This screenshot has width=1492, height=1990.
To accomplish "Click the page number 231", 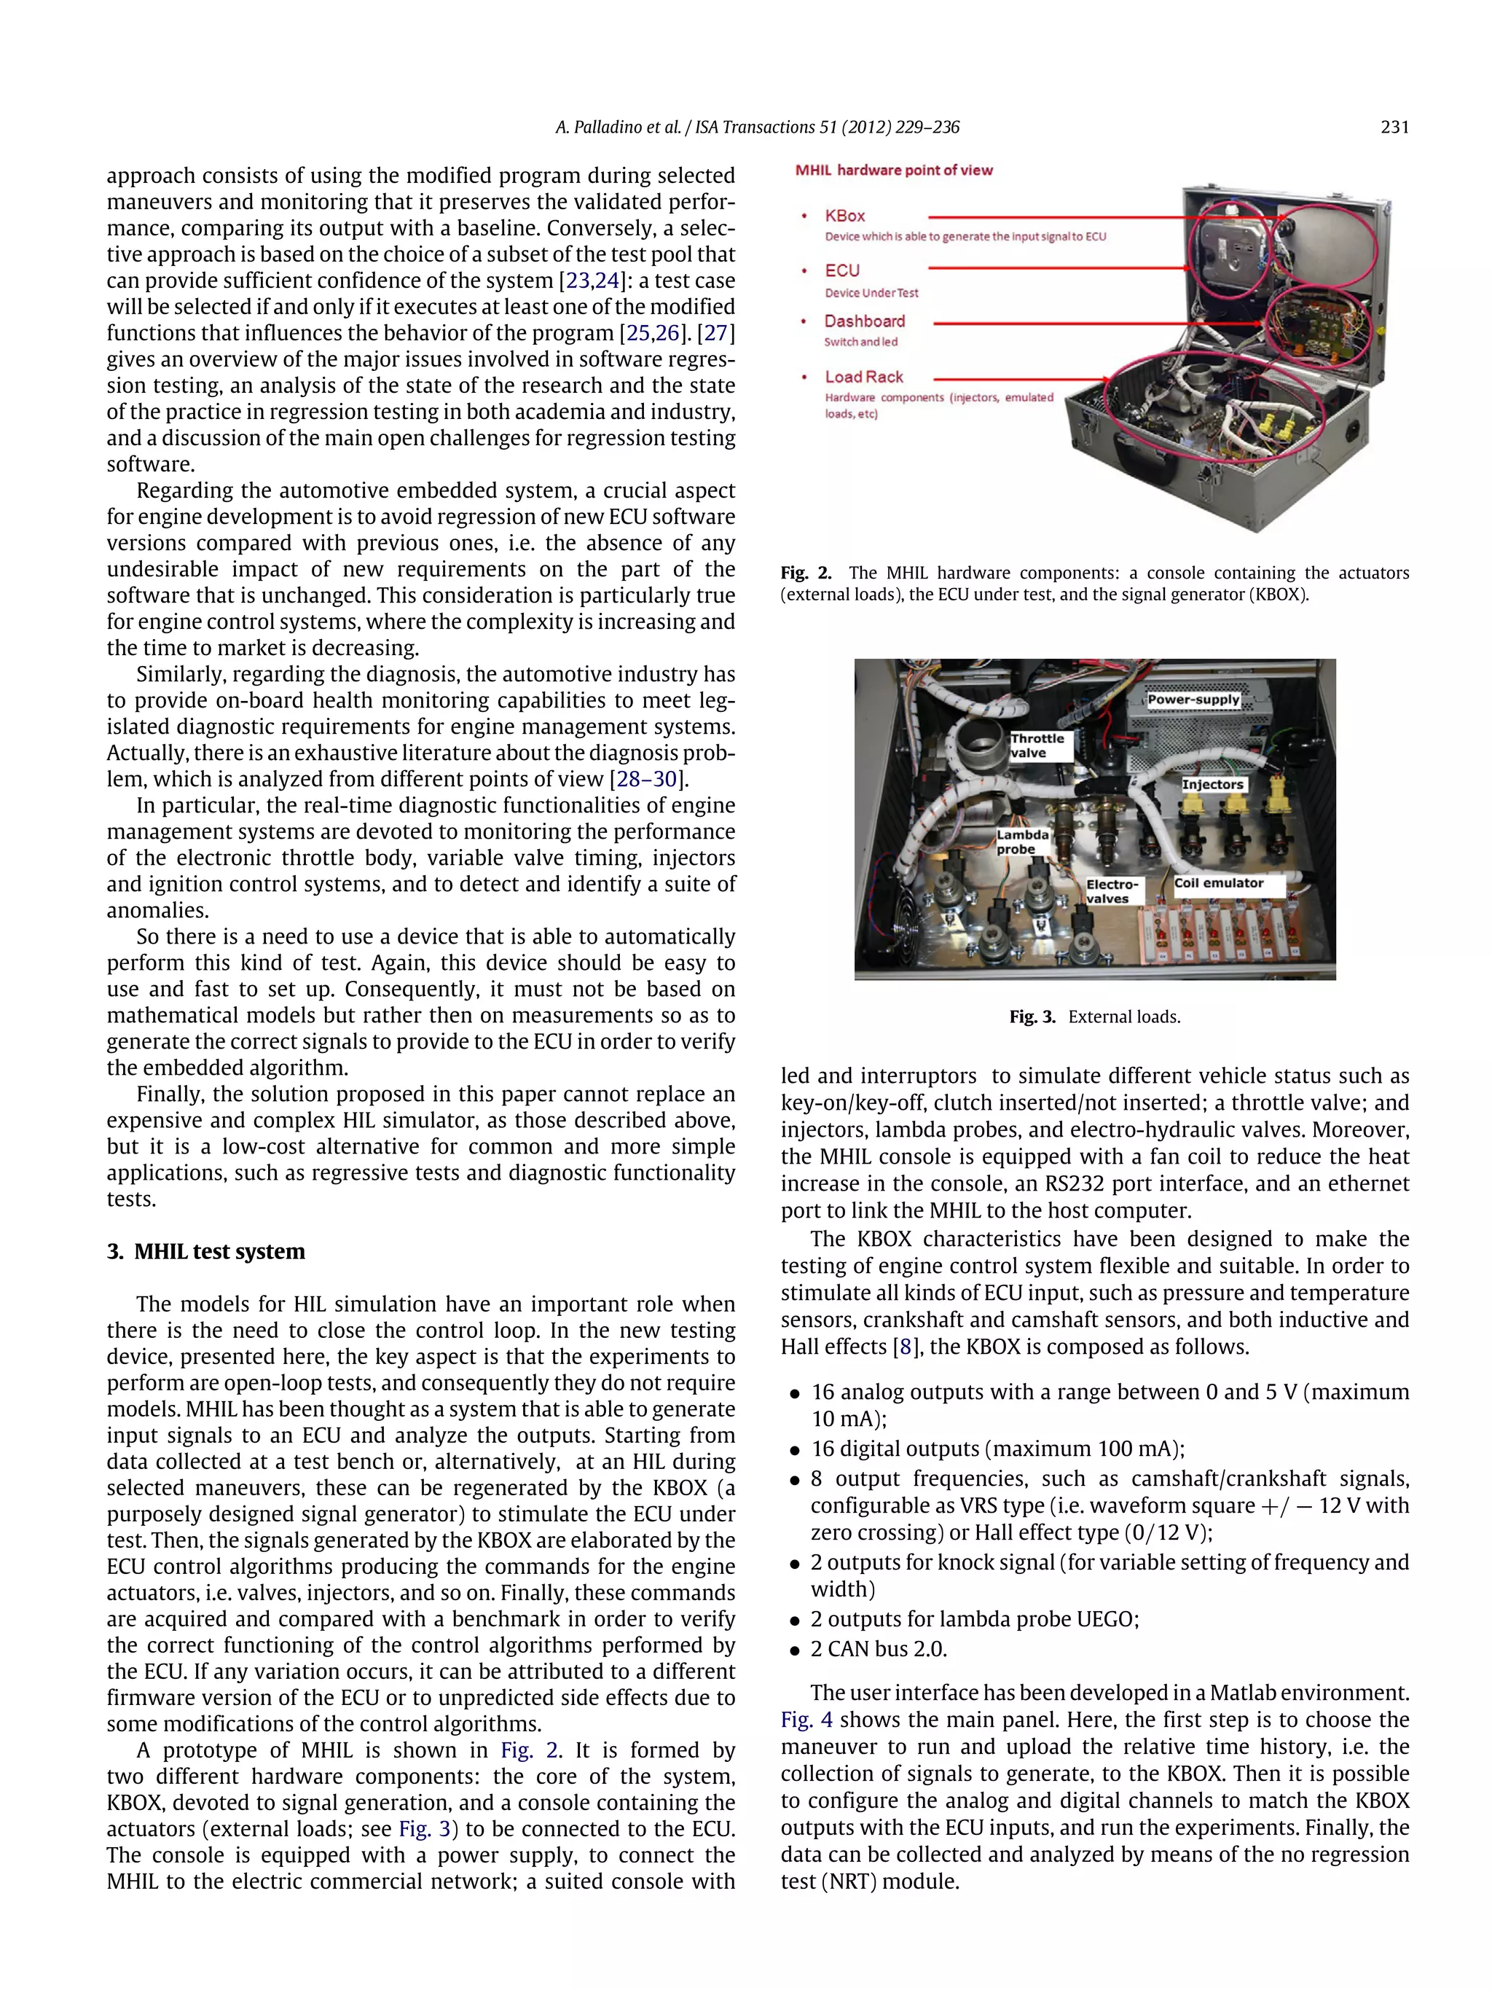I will tap(1393, 128).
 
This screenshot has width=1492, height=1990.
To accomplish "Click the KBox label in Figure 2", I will tap(844, 216).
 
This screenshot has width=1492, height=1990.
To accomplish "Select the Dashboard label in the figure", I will tap(864, 321).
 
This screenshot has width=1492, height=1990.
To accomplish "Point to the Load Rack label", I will tap(863, 377).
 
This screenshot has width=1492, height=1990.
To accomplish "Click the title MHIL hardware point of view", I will tap(893, 170).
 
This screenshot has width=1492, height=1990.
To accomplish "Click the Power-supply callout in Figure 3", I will tap(1193, 699).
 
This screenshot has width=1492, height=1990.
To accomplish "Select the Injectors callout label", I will tap(1212, 785).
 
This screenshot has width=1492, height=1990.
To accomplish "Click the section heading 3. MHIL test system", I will tap(206, 1251).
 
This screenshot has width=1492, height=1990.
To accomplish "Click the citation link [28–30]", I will tap(648, 779).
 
